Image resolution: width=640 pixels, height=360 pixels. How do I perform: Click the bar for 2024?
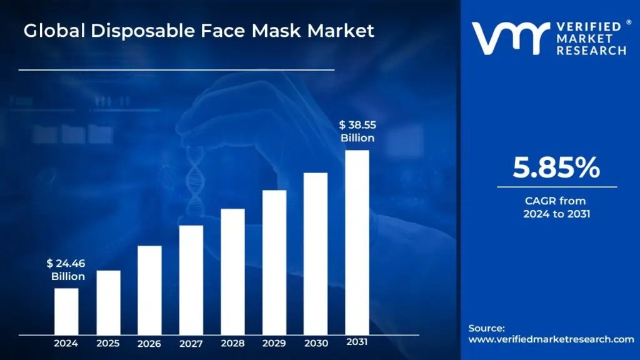coord(66,311)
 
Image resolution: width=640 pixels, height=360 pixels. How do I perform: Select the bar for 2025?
coord(108,302)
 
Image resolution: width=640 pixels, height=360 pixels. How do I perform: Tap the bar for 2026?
coord(149,290)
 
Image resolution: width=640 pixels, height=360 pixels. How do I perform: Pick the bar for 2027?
coord(191,279)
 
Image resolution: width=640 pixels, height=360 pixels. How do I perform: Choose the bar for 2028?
coord(232,271)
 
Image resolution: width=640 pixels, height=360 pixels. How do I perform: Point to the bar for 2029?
coord(274,262)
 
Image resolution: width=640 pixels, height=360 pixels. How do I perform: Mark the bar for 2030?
coord(316,253)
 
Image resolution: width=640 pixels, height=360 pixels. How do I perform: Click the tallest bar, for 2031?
coord(357,242)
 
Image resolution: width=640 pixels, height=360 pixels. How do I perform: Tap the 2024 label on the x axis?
coord(66,343)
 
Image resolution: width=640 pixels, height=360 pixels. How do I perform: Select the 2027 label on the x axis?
coord(191,343)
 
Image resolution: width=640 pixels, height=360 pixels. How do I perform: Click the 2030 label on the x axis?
coord(316,343)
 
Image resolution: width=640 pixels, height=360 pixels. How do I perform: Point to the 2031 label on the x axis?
coord(357,342)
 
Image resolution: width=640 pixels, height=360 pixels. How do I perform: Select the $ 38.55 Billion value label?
coord(357,131)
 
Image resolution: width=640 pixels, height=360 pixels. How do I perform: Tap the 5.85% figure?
coord(556,168)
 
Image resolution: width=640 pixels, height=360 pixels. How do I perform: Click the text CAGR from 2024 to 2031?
coord(556,207)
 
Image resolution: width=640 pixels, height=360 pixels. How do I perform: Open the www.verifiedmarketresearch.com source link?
coord(551,339)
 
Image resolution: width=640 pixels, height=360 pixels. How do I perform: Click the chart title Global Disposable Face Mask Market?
coord(199,31)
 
